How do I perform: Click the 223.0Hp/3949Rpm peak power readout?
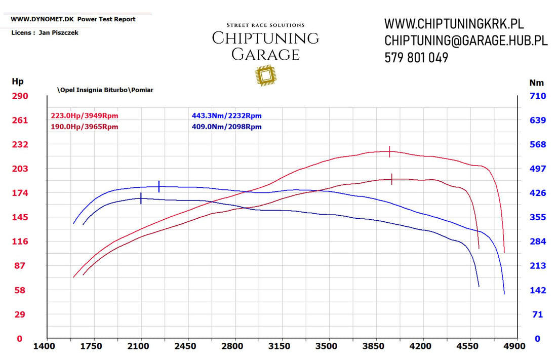click(85, 116)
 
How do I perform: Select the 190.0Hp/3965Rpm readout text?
click(85, 127)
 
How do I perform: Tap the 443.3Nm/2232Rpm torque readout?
click(226, 116)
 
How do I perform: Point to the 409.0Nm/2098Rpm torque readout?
click(226, 127)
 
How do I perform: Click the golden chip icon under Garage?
click(265, 75)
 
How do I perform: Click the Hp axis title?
click(18, 82)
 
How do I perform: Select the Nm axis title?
click(536, 83)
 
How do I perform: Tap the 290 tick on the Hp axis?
click(20, 96)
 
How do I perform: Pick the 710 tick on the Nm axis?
click(537, 96)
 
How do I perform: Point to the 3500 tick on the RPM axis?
click(326, 346)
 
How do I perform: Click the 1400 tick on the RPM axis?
click(44, 346)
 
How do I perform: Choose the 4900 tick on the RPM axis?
click(514, 346)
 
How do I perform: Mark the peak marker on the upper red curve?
click(389, 151)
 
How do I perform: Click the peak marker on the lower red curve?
click(392, 179)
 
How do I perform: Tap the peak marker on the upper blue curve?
click(159, 186)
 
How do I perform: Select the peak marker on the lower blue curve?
click(141, 198)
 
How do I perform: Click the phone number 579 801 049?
click(416, 58)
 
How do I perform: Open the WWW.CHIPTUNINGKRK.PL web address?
click(454, 24)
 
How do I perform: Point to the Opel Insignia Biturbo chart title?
click(105, 90)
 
